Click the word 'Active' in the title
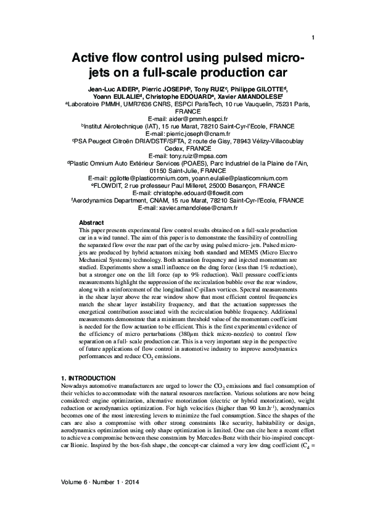94,59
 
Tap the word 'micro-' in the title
279,59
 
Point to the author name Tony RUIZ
212,89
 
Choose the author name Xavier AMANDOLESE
247,97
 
